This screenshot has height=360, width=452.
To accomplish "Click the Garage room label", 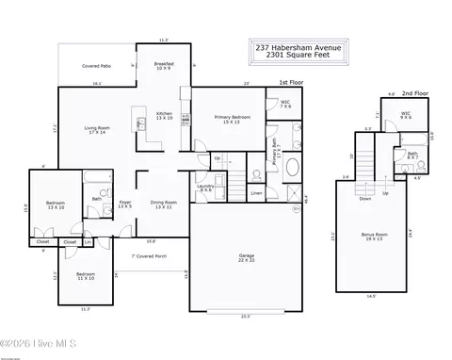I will [246, 256].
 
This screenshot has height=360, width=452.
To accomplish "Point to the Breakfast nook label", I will [164, 66].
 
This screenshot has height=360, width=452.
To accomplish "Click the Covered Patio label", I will [96, 67].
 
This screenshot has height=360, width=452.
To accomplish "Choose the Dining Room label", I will [165, 205].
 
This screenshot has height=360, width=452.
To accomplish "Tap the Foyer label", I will [124, 205].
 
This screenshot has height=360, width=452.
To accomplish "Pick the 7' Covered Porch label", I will [148, 255].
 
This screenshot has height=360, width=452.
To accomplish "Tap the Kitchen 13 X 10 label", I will [164, 116].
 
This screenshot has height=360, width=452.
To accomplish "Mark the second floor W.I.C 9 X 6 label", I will [405, 116].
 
